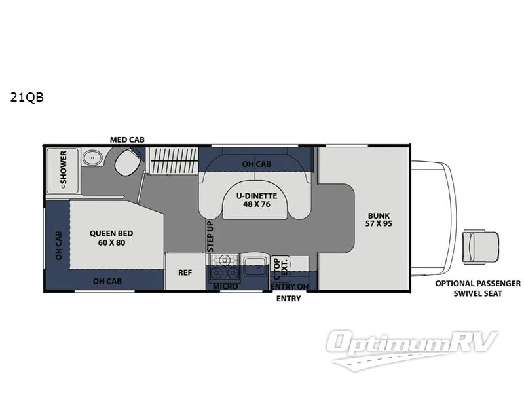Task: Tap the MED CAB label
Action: pyautogui.click(x=127, y=140)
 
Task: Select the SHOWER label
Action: pyautogui.click(x=64, y=168)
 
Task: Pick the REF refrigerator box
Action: pyautogui.click(x=185, y=271)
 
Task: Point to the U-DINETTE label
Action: pyautogui.click(x=257, y=195)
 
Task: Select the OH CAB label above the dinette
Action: pyautogui.click(x=256, y=164)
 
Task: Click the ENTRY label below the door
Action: pyautogui.click(x=289, y=299)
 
